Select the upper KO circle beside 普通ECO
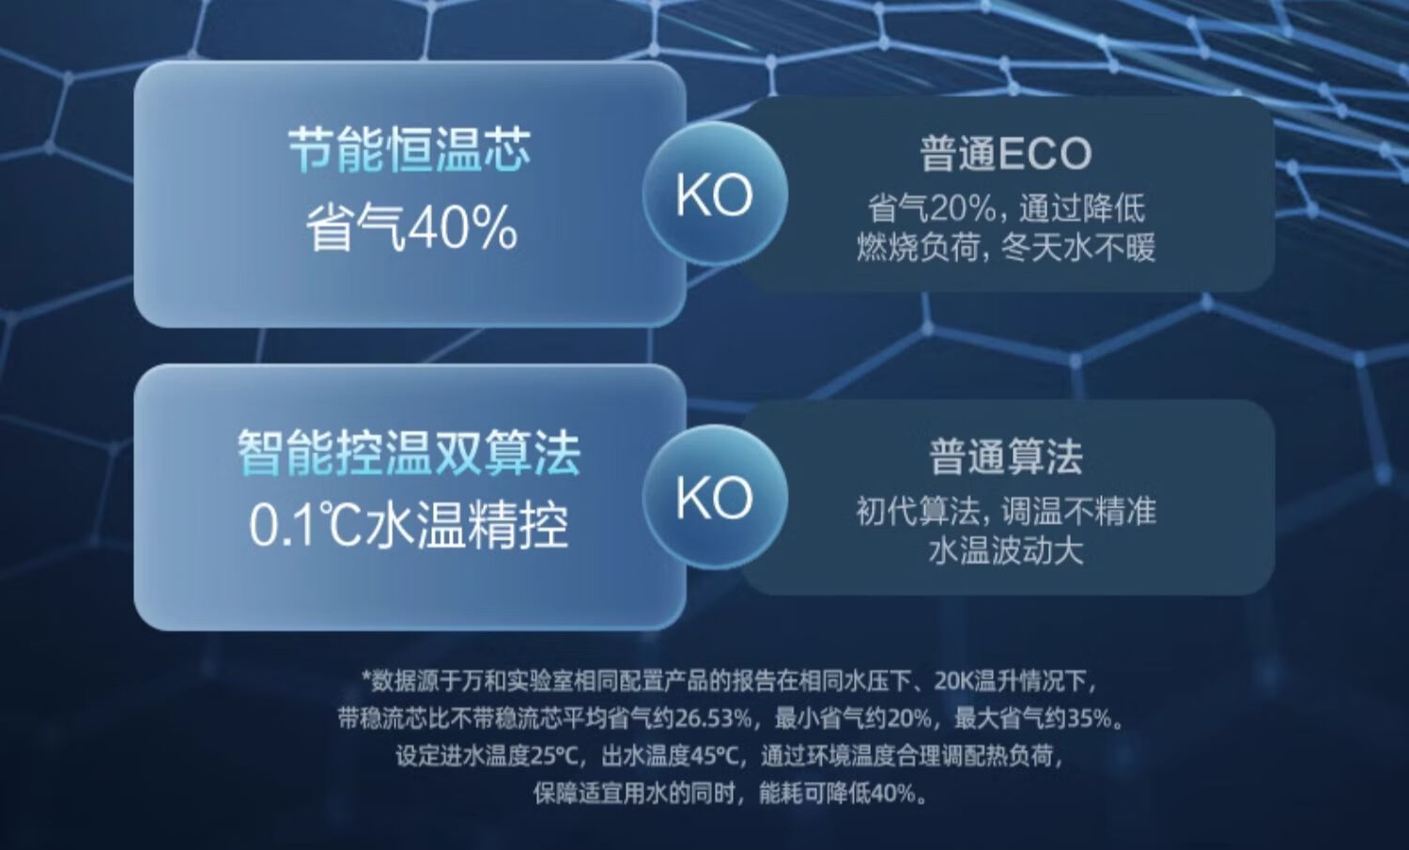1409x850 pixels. [x=715, y=194]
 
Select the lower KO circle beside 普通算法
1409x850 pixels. [x=715, y=497]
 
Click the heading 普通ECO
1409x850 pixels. [x=1006, y=153]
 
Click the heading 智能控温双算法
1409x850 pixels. [x=410, y=453]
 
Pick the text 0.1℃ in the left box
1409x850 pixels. [x=304, y=525]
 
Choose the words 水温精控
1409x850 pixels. [x=466, y=525]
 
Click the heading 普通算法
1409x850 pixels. [x=1006, y=456]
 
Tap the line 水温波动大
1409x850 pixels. [x=1006, y=551]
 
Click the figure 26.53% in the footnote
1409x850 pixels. [x=713, y=719]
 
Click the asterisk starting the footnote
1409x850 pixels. [x=365, y=677]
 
